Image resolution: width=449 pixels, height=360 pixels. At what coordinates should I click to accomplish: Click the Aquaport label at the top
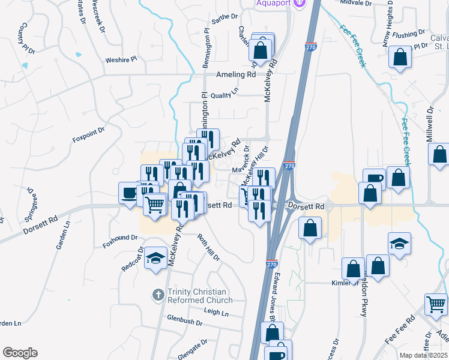point(273,4)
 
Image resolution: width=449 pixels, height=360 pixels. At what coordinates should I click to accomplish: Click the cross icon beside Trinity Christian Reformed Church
point(158,295)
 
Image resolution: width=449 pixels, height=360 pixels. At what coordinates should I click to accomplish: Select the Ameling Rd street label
point(235,75)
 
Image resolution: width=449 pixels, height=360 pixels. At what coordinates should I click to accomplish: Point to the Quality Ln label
point(224,94)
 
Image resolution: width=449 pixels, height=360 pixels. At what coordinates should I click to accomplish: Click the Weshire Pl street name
point(121,60)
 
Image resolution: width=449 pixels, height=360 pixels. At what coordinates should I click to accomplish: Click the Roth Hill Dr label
point(209,246)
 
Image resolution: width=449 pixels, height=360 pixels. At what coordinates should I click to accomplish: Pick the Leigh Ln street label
point(216,313)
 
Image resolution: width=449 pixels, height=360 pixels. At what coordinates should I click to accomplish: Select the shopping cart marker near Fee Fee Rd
point(436,304)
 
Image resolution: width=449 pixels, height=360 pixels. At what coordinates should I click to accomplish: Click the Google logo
point(20,353)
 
